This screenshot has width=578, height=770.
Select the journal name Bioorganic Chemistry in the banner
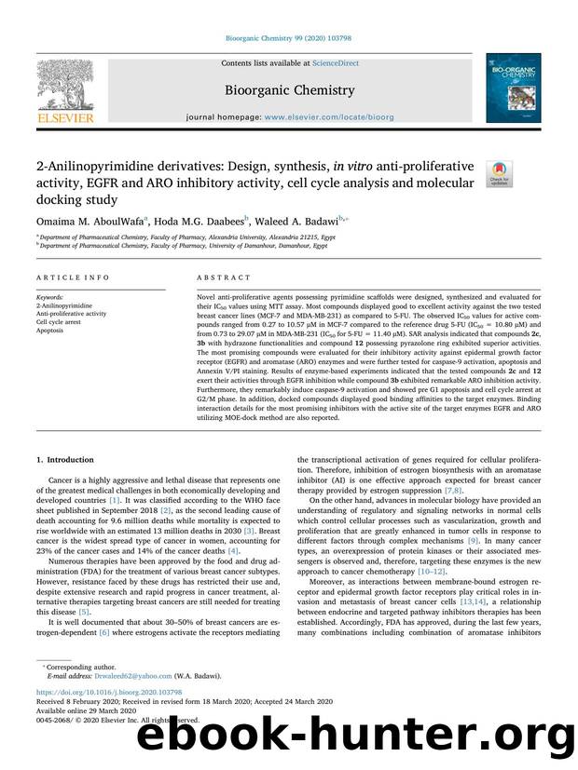[289, 90]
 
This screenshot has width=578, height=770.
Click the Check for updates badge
[501, 174]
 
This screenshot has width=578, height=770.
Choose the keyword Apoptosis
[51, 331]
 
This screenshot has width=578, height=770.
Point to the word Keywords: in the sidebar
[51, 297]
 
